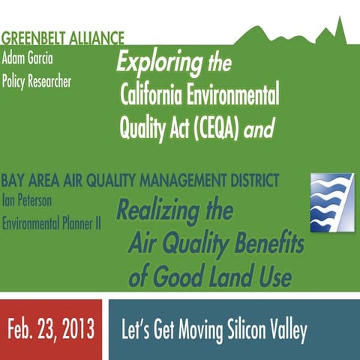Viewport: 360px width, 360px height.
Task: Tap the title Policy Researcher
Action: (37, 80)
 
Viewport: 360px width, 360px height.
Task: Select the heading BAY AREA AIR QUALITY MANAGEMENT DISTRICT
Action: (141, 181)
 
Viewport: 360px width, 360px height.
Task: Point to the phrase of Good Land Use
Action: (210, 277)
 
